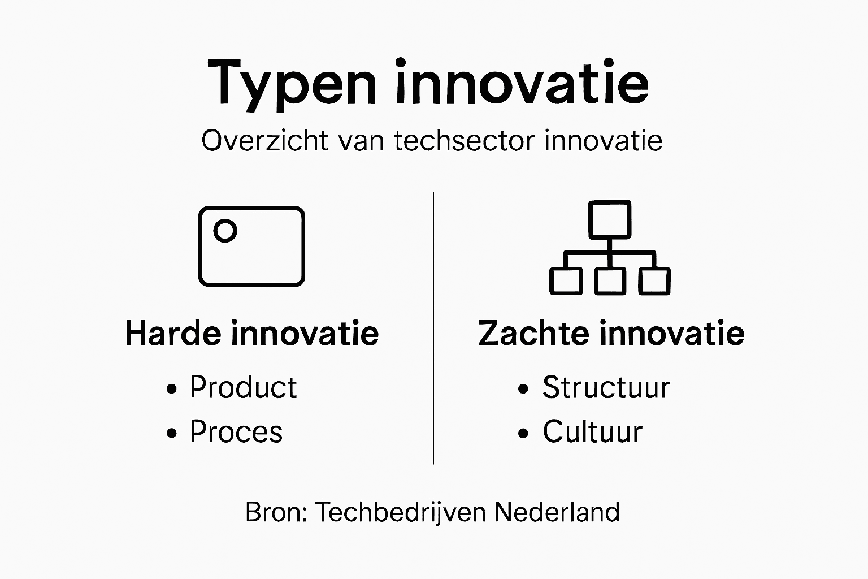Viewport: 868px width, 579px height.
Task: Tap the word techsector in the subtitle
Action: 463,140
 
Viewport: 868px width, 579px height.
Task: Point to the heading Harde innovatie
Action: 251,333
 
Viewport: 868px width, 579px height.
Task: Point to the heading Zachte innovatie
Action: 611,333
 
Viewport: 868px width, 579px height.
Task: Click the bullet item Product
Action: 243,387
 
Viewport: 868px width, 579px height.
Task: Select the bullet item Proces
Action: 236,432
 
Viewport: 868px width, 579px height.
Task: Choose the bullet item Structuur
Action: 606,387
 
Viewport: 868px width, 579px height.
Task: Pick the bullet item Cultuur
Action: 592,432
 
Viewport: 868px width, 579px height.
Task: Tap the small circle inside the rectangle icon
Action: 225,231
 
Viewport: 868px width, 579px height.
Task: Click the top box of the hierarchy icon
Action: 609,219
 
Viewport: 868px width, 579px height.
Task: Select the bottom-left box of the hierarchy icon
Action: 566,281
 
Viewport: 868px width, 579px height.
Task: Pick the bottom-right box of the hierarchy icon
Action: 654,281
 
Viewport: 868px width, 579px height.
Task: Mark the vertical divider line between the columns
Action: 433,328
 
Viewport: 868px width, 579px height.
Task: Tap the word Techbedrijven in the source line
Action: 400,512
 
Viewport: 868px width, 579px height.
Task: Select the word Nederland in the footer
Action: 557,512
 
